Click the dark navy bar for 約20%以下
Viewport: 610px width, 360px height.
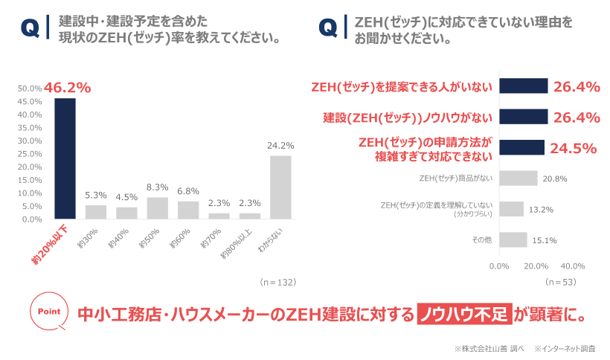pyautogui.click(x=65, y=158)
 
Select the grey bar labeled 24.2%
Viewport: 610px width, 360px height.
pyautogui.click(x=280, y=187)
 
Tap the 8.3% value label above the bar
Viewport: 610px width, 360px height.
pyautogui.click(x=157, y=187)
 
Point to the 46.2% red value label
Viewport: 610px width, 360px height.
pyautogui.click(x=67, y=88)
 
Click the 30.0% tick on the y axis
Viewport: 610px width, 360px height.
pyautogui.click(x=29, y=141)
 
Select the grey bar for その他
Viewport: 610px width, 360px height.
pyautogui.click(x=513, y=240)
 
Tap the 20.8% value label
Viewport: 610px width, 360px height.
pyautogui.click(x=554, y=179)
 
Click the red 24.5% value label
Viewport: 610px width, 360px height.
pyautogui.click(x=574, y=148)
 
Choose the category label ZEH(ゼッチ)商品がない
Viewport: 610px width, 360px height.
pyautogui.click(x=455, y=179)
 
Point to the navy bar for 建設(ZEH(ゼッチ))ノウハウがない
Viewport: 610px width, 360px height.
pyautogui.click(x=523, y=117)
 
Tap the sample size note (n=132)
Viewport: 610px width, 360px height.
pyautogui.click(x=278, y=283)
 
